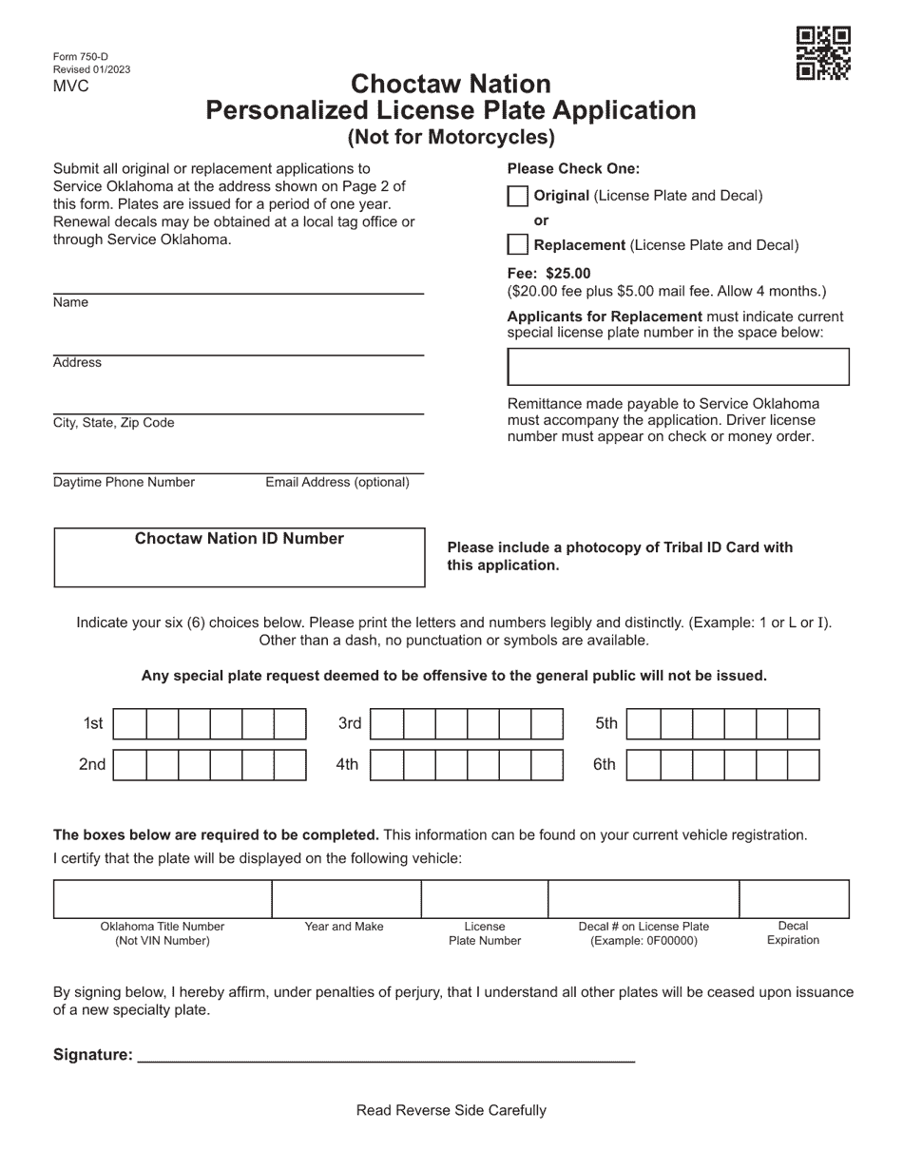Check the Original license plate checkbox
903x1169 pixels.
point(517,197)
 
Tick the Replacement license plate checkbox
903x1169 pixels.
point(517,245)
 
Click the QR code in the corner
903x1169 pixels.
point(823,53)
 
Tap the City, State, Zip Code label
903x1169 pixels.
point(114,423)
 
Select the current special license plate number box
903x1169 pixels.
point(678,367)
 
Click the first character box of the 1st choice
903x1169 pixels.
point(129,724)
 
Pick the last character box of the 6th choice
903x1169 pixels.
point(803,765)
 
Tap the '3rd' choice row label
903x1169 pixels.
point(350,724)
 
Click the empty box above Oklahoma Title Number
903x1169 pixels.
point(163,898)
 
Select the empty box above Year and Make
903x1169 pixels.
point(346,898)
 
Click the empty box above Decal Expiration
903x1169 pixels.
point(794,898)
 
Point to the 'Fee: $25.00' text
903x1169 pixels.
point(548,274)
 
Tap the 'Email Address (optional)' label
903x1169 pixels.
point(337,483)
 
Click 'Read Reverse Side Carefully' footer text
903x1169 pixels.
point(451,1110)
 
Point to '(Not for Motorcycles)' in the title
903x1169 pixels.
point(451,137)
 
